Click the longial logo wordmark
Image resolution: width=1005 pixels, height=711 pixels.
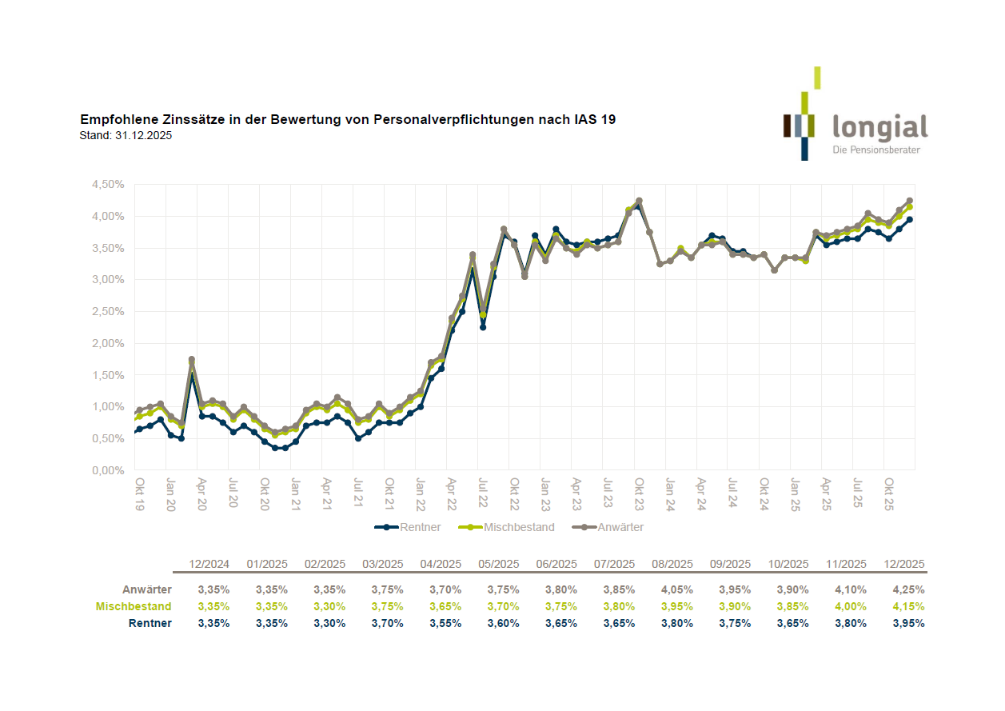[879, 128]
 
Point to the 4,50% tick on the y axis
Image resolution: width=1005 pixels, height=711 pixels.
[108, 184]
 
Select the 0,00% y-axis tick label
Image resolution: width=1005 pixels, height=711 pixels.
[108, 470]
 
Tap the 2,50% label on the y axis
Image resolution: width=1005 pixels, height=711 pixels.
[108, 311]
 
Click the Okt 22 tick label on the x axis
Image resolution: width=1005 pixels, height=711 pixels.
[515, 490]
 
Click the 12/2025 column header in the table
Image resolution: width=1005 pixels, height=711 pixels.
[904, 564]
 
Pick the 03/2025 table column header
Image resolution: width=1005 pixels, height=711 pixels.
[382, 564]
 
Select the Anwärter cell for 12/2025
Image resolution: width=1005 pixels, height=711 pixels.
[908, 589]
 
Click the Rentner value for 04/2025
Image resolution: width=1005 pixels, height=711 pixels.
[445, 623]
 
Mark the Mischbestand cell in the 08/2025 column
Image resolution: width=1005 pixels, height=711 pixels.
[676, 606]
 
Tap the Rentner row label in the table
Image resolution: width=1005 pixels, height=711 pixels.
[151, 623]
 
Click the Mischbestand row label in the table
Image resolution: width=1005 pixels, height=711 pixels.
[134, 606]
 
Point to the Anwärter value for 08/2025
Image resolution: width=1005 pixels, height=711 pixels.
[676, 589]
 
